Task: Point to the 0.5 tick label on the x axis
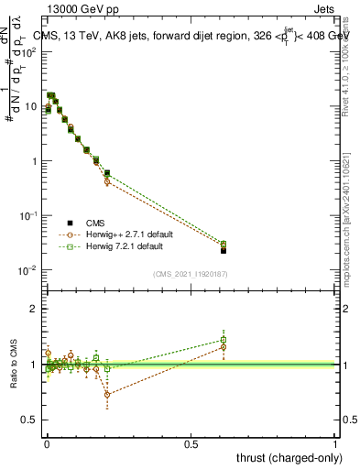[x=191, y=444]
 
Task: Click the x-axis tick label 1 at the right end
[x=335, y=444]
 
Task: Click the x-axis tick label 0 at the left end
[x=46, y=444]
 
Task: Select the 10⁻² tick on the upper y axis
[x=29, y=270]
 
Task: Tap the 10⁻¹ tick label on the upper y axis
[x=29, y=215]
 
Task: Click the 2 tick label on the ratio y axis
[x=34, y=309]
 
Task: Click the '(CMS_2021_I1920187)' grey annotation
[x=191, y=273]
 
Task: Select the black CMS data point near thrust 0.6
[x=224, y=249]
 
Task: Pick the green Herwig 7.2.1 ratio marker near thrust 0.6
[x=224, y=340]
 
